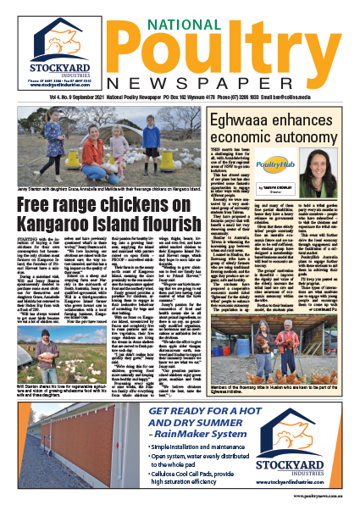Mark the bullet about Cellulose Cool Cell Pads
pos(215,475)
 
